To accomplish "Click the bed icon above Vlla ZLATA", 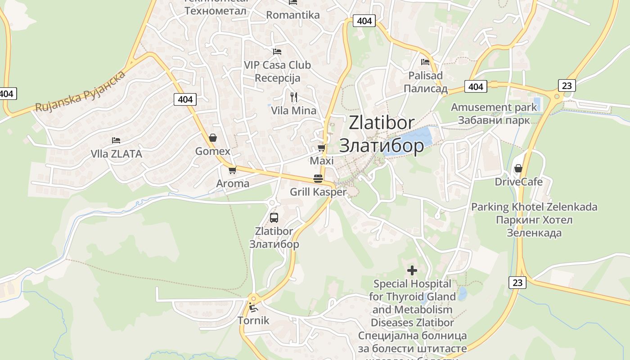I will [116, 140].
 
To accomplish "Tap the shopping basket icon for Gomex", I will [213, 138].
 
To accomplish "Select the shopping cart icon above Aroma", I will [232, 170].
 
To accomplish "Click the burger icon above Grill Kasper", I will [318, 178].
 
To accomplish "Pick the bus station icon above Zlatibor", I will [274, 218].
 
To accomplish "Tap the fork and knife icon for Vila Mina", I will [294, 97].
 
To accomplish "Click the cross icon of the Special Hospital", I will [412, 270].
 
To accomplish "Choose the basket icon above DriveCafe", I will [518, 168].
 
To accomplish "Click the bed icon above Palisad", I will [425, 62].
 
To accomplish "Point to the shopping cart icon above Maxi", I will [321, 148].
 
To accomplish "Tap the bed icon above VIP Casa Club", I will [277, 52].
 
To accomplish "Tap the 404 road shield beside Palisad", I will [475, 86].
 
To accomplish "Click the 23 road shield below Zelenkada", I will [517, 282].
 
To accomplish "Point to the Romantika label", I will [293, 15].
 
